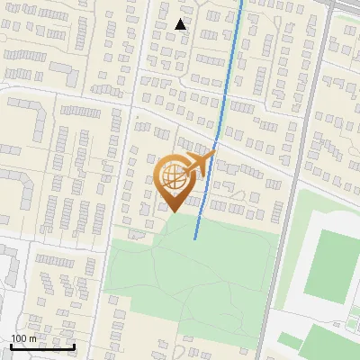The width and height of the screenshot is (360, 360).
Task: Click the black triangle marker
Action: (x=181, y=24)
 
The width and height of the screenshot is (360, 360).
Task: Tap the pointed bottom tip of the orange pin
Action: (x=174, y=211)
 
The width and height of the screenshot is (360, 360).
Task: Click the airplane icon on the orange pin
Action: (x=200, y=163)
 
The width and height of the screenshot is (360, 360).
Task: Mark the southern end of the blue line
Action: (x=195, y=238)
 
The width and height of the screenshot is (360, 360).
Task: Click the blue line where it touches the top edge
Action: (x=241, y=2)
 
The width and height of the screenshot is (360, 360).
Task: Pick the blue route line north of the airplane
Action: (x=229, y=72)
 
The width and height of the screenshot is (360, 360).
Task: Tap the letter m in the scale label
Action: (x=33, y=339)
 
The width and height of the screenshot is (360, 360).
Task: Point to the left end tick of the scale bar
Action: (x=11, y=346)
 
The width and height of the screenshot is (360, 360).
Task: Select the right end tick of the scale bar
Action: (x=74, y=346)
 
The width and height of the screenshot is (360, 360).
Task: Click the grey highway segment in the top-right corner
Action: (x=346, y=7)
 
